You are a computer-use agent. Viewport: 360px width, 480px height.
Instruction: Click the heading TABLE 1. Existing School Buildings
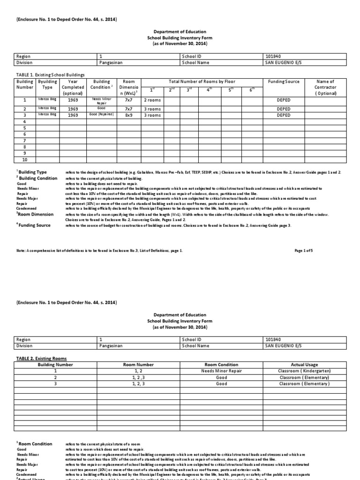pyautogui.click(x=50, y=75)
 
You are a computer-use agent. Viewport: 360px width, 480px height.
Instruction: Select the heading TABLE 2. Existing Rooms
pyautogui.click(x=41, y=358)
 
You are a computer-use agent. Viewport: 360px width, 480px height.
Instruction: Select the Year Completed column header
pyautogui.click(x=73, y=87)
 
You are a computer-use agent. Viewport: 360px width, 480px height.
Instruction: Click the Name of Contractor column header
pyautogui.click(x=326, y=87)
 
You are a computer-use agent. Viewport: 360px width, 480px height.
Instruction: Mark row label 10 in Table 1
pyautogui.click(x=25, y=160)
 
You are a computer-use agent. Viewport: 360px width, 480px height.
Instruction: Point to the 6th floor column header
pyautogui.click(x=252, y=89)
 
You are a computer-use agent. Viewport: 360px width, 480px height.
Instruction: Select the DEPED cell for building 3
pyautogui.click(x=284, y=115)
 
